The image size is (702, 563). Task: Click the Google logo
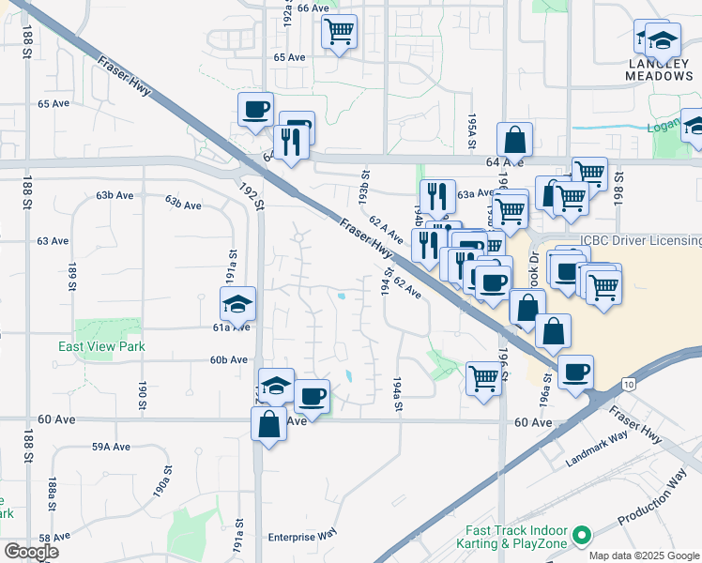(31, 552)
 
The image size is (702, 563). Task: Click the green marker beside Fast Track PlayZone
(582, 537)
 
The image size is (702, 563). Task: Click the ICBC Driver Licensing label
(639, 240)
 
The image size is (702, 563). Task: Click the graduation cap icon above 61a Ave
(238, 303)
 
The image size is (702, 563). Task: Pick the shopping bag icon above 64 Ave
(515, 141)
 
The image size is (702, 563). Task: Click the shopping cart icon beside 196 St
(483, 379)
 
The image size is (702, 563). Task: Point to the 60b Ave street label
(229, 359)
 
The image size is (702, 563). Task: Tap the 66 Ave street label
(313, 8)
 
